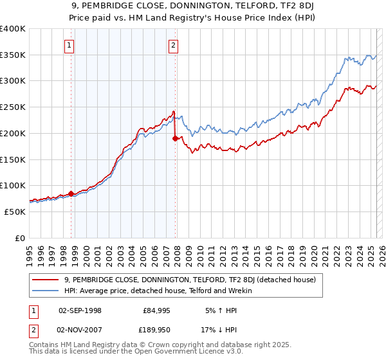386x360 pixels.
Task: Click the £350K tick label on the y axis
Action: pos(13,55)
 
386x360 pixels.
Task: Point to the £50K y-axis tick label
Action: pos(15,211)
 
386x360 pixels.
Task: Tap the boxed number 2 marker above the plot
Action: pos(174,45)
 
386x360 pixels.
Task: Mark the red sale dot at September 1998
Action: pos(71,193)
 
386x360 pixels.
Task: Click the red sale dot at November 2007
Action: pos(175,138)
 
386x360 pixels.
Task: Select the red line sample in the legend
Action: pos(46,280)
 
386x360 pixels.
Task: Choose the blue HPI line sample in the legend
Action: pos(46,291)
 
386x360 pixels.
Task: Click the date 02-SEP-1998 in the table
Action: pos(80,310)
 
